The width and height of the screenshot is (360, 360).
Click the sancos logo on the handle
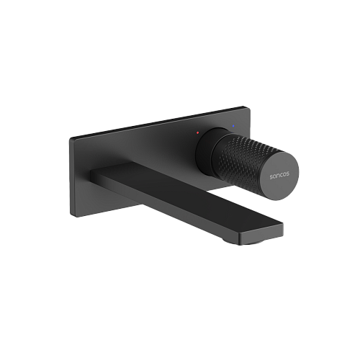click(x=280, y=175)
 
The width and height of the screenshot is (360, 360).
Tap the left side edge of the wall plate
click(x=72, y=177)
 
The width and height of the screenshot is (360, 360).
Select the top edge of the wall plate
click(x=158, y=122)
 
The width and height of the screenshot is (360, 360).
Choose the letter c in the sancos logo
click(x=282, y=175)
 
